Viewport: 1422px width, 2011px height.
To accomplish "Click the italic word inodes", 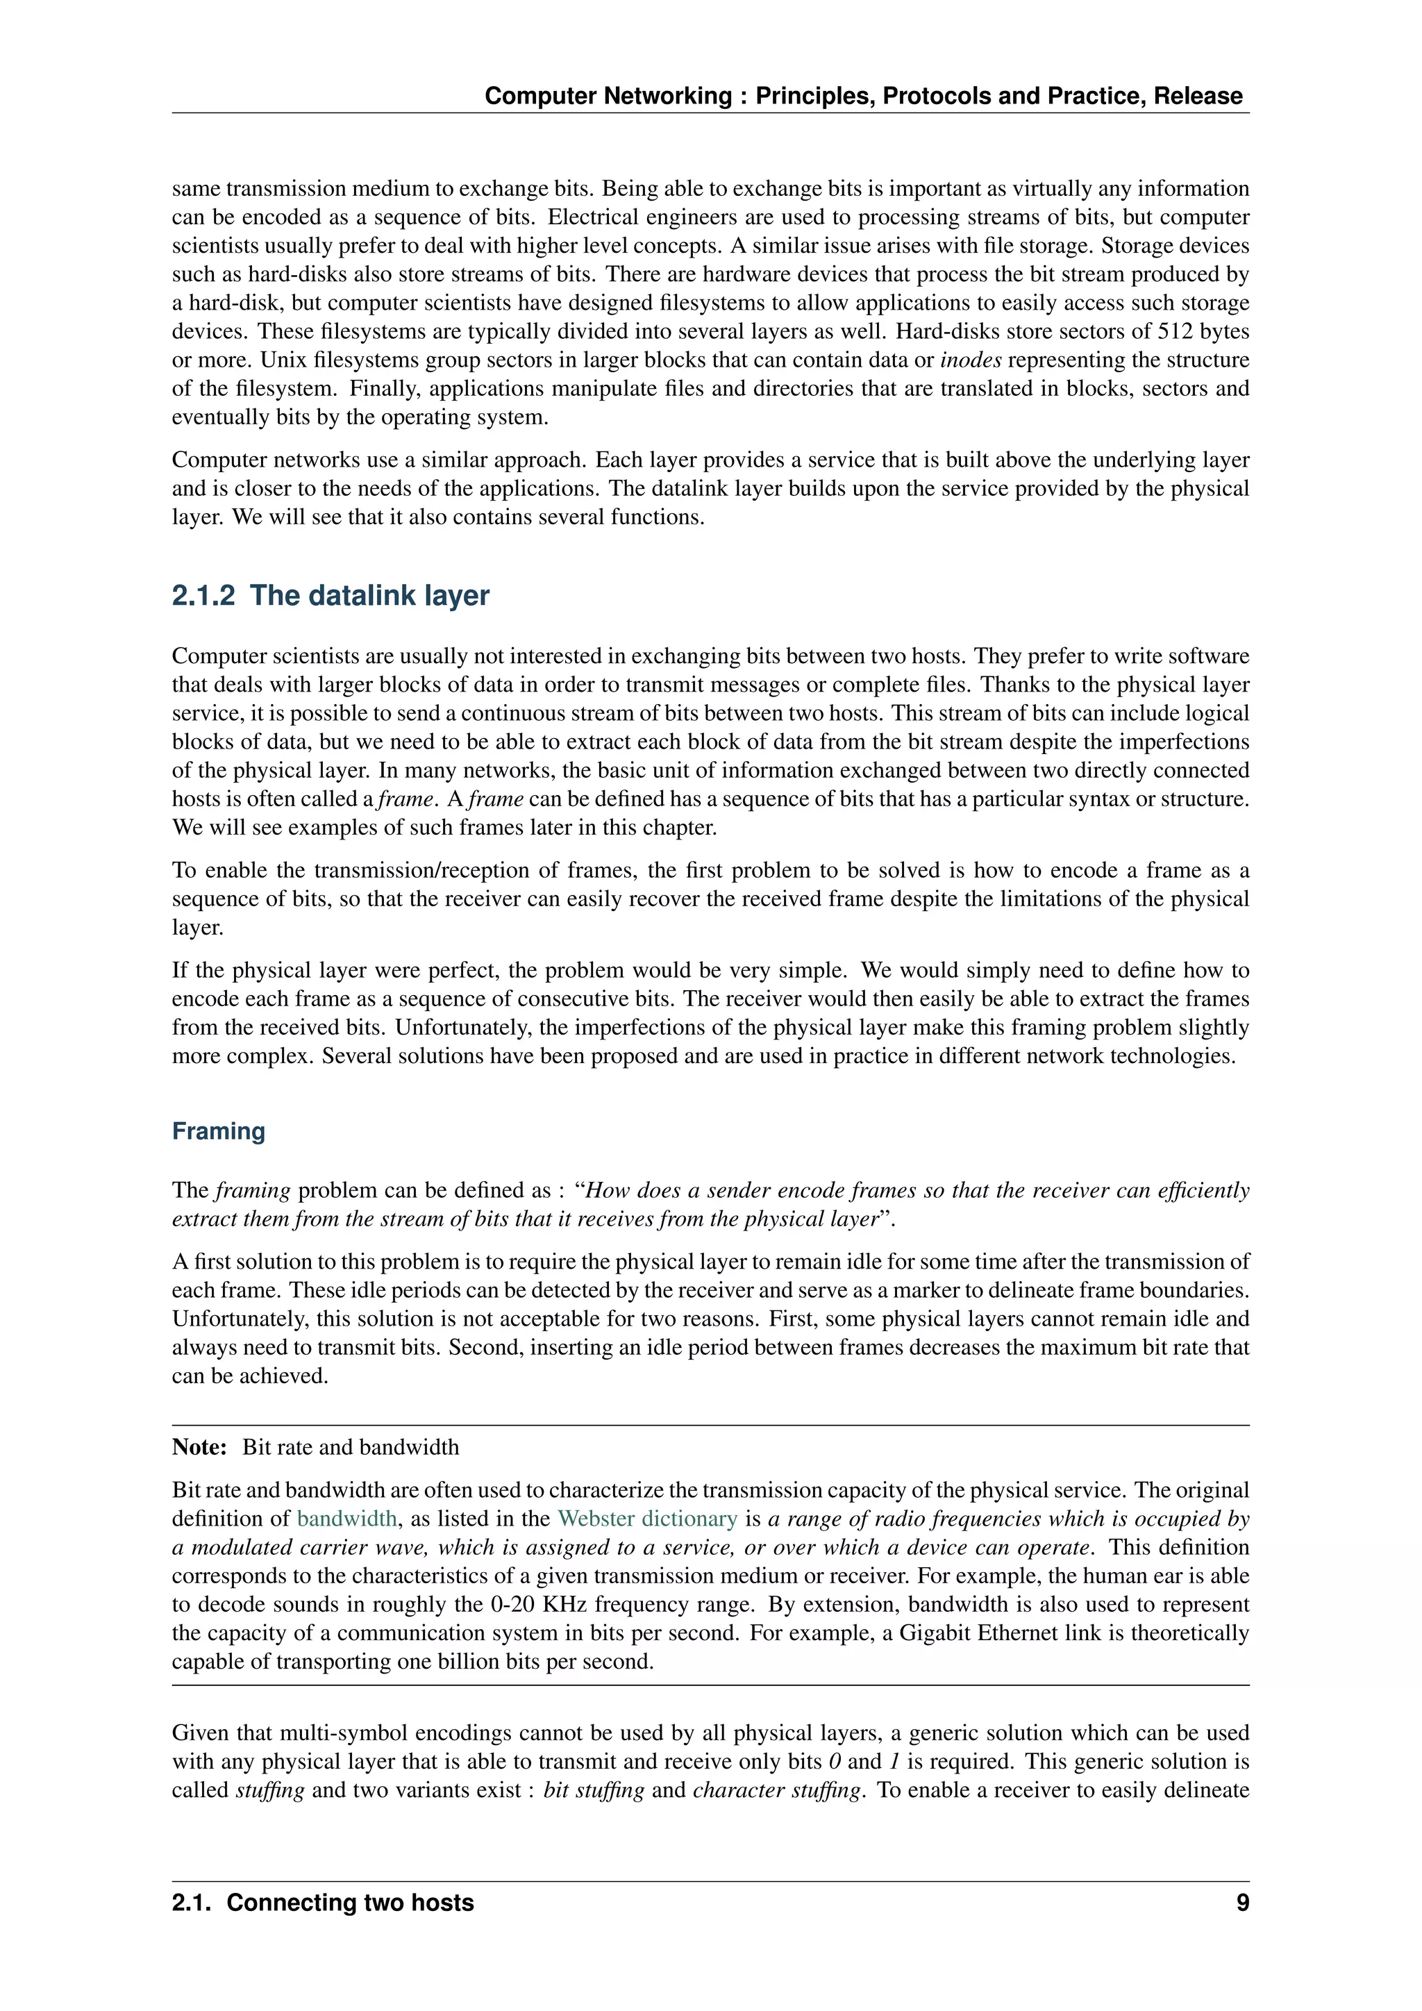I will (970, 360).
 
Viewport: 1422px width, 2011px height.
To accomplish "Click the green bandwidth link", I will (346, 1519).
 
